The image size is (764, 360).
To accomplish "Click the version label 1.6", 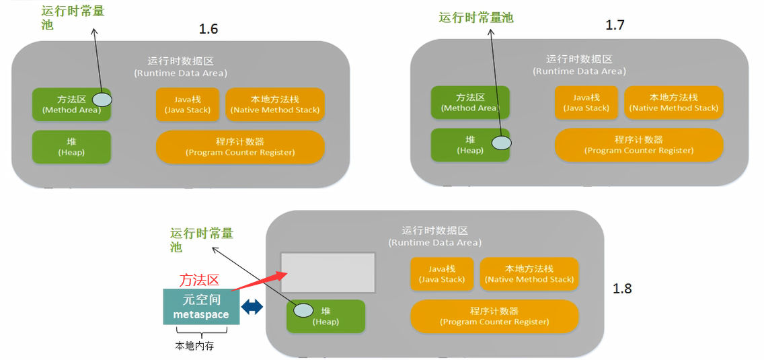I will (x=208, y=29).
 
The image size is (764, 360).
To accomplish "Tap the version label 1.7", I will (x=615, y=26).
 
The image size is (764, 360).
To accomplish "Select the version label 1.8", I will (x=622, y=289).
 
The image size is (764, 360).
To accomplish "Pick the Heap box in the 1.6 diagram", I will (x=71, y=147).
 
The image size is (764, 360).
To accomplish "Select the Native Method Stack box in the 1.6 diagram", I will (x=275, y=104).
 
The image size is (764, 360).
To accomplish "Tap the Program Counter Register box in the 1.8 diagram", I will (x=494, y=316).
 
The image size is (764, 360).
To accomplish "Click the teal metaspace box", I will (x=201, y=307).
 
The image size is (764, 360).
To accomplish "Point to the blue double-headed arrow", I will (x=252, y=307).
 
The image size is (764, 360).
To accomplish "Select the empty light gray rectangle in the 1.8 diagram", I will (x=328, y=273).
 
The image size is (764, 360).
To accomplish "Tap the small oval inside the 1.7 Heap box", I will (x=501, y=143).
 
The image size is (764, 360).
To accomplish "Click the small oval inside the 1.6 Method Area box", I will (x=102, y=100).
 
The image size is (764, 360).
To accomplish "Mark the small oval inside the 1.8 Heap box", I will (x=304, y=310).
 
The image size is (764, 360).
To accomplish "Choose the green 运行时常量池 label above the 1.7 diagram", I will (x=475, y=18).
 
